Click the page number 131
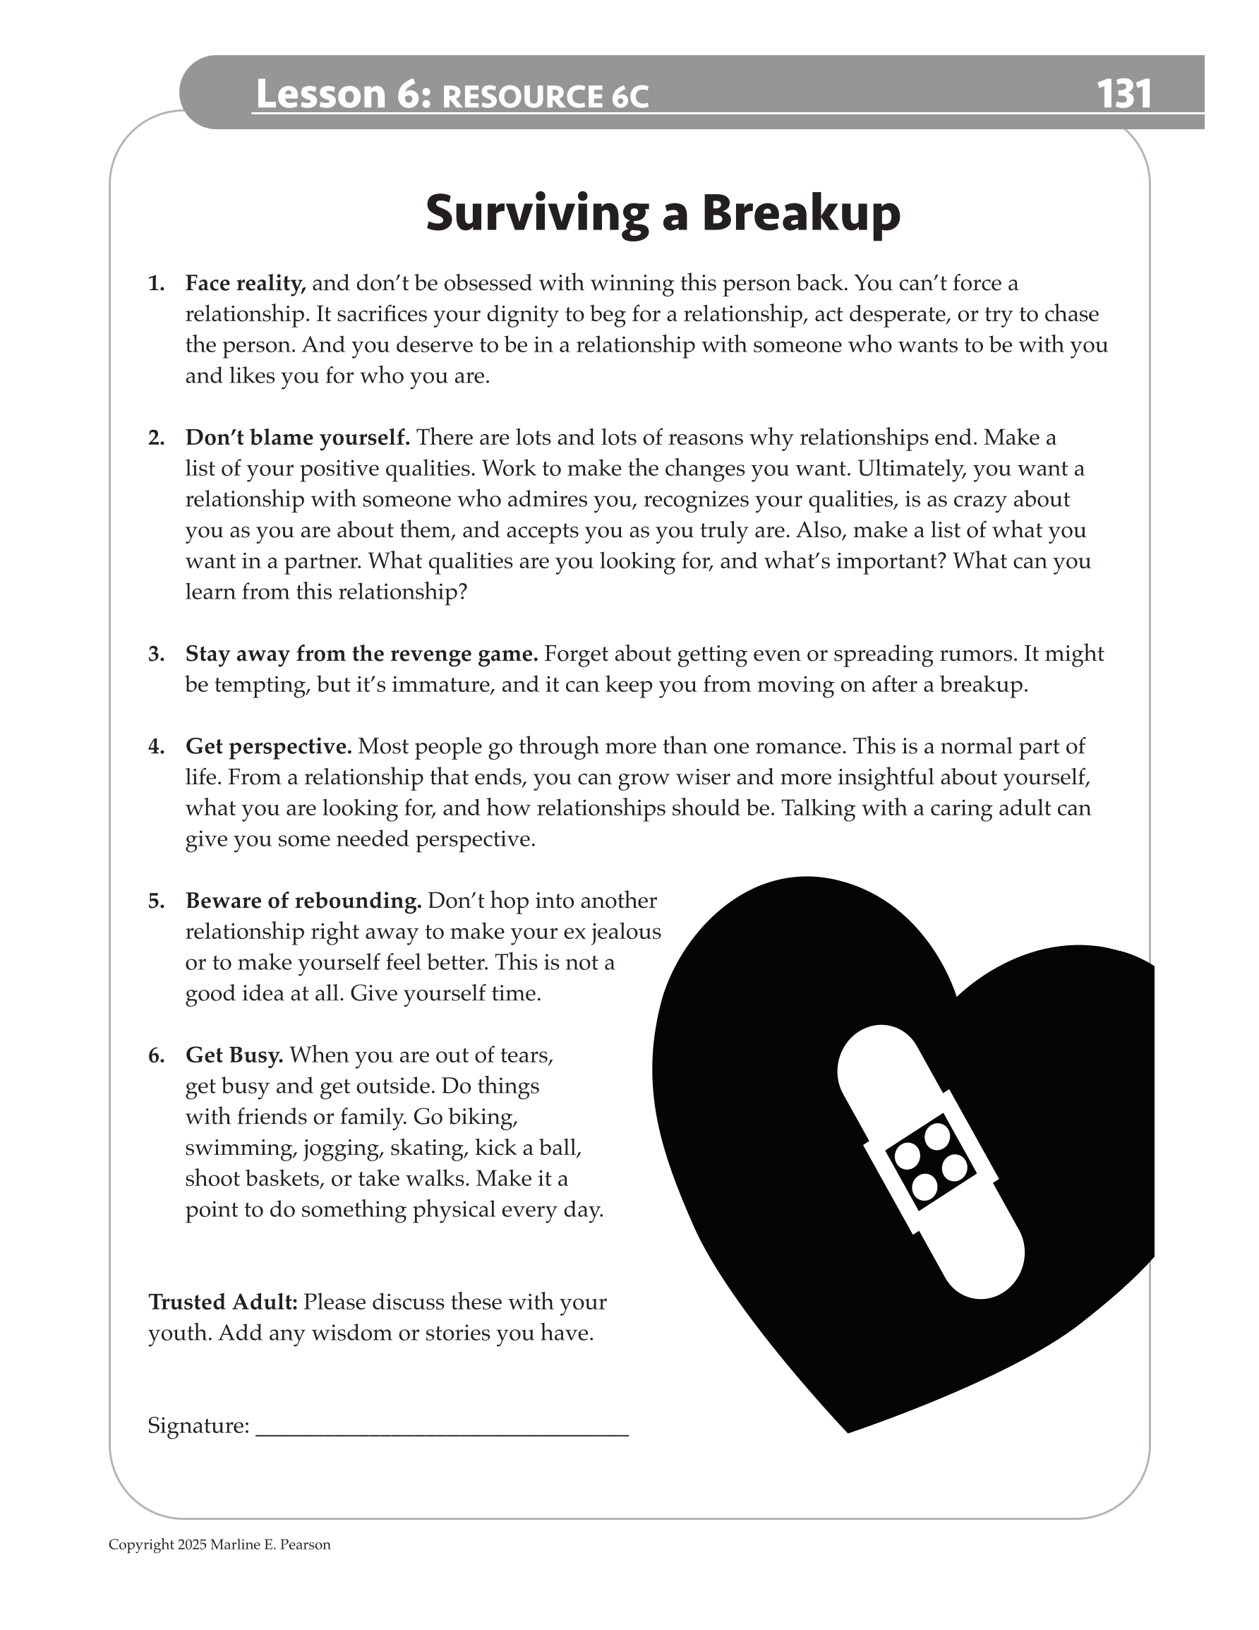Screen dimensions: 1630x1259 tap(1124, 95)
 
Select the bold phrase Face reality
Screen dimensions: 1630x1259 tap(246, 284)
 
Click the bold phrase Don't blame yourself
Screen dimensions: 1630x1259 tap(297, 438)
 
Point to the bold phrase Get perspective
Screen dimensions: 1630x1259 tap(268, 746)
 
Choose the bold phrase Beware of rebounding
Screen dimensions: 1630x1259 tap(303, 901)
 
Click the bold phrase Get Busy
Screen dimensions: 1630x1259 tap(234, 1055)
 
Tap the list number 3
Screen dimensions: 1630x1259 tap(155, 654)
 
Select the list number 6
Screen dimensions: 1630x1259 tap(155, 1055)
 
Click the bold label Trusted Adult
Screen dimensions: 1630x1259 tap(223, 1302)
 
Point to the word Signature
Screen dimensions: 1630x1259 tap(198, 1426)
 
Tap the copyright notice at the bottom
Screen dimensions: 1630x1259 tap(219, 1545)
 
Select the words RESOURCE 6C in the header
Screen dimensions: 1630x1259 tap(545, 97)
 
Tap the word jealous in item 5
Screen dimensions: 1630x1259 tap(625, 932)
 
